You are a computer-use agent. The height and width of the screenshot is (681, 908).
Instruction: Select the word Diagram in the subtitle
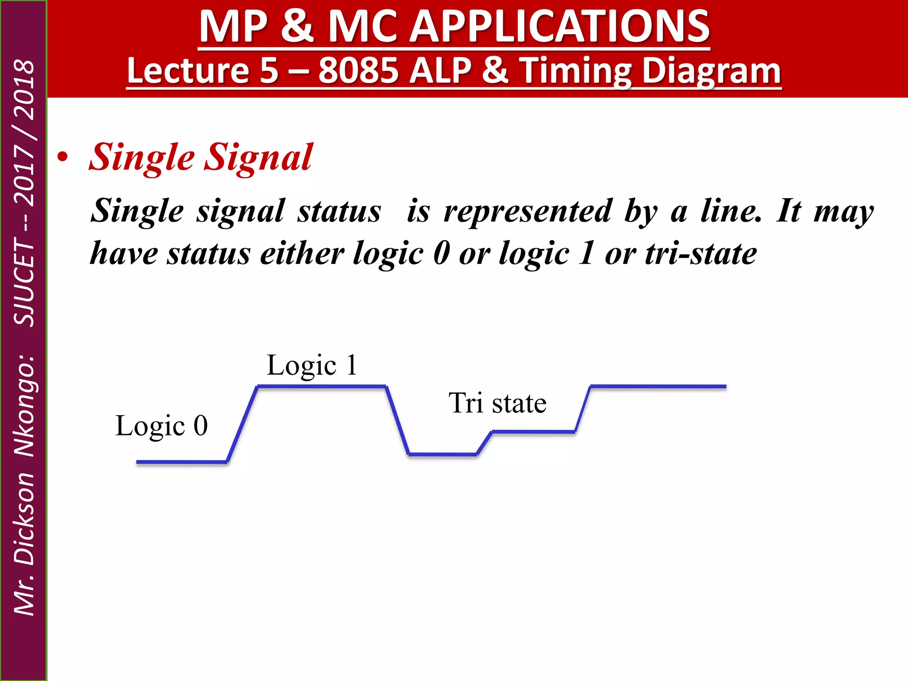pyautogui.click(x=711, y=71)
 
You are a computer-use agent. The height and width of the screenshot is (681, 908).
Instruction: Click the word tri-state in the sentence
pyautogui.click(x=701, y=254)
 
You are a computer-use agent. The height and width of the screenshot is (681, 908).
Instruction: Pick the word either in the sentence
pyautogui.click(x=302, y=254)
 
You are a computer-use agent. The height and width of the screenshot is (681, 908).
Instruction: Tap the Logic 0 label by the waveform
pyautogui.click(x=161, y=426)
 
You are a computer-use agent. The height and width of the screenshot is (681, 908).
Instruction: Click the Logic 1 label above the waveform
pyautogui.click(x=312, y=365)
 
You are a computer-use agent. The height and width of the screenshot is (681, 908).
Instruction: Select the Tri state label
pyautogui.click(x=497, y=403)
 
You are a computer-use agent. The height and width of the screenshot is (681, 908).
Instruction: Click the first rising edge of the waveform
pyautogui.click(x=242, y=424)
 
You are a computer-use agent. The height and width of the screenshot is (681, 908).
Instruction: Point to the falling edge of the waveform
pyautogui.click(x=398, y=420)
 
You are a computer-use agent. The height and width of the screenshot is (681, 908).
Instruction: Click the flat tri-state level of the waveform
pyautogui.click(x=533, y=431)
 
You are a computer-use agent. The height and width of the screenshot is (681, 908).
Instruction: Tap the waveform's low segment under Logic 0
pyautogui.click(x=181, y=462)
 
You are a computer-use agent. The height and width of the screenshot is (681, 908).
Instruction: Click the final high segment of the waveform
pyautogui.click(x=658, y=387)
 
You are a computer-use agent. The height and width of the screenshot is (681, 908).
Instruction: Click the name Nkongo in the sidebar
pyautogui.click(x=24, y=406)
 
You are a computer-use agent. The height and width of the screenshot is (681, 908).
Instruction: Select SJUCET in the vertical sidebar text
pyautogui.click(x=24, y=282)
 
